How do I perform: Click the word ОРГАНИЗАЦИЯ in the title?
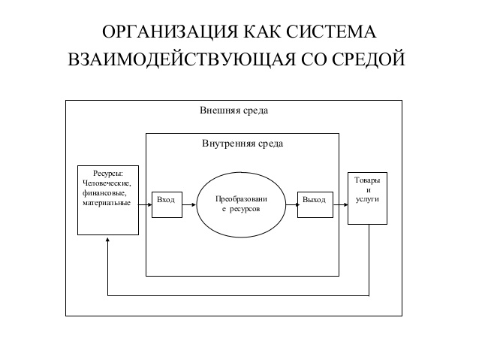pyautogui.click(x=170, y=32)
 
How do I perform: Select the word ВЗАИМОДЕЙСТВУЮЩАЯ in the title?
pyautogui.click(x=182, y=59)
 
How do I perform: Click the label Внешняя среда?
pyautogui.click(x=234, y=110)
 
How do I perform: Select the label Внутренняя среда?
pyautogui.click(x=243, y=144)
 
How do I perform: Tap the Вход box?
pyautogui.click(x=167, y=204)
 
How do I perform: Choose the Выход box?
pyautogui.click(x=315, y=204)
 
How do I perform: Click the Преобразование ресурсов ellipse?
pyautogui.click(x=241, y=204)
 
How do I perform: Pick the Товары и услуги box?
pyautogui.click(x=367, y=198)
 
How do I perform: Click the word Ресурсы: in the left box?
pyautogui.click(x=108, y=174)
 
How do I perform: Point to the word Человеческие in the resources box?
pyautogui.click(x=107, y=183)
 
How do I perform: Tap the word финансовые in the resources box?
pyautogui.click(x=104, y=193)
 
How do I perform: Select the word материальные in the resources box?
pyautogui.click(x=107, y=203)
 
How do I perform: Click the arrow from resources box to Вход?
pyautogui.click(x=145, y=204)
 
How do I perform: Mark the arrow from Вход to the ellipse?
pyautogui.click(x=189, y=204)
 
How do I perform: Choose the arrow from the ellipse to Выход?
pyautogui.click(x=292, y=204)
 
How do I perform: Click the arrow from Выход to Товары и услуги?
pyautogui.click(x=340, y=204)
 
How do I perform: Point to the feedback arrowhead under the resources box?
pyautogui.click(x=107, y=240)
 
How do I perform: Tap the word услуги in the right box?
pyautogui.click(x=367, y=199)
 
